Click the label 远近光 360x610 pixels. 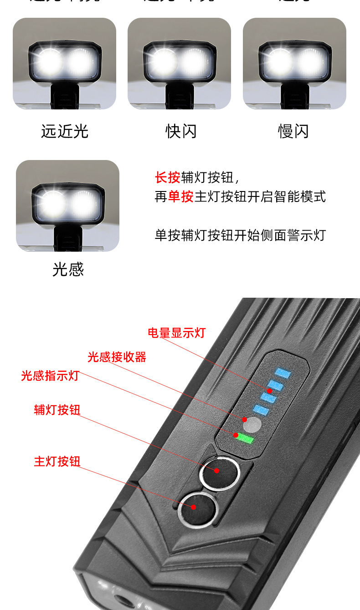[x=64, y=131]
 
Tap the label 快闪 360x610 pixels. [x=180, y=131]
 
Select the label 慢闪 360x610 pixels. [x=293, y=131]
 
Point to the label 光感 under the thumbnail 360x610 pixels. [x=68, y=269]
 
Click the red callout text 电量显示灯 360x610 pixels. [x=176, y=333]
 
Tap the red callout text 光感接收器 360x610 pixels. [x=117, y=357]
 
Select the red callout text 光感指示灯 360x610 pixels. [x=50, y=376]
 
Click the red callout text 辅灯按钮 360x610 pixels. [x=57, y=409]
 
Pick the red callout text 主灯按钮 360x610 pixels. [x=57, y=461]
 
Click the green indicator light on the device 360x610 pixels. [x=245, y=439]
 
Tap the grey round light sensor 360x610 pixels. [x=252, y=425]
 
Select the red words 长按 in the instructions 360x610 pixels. [x=168, y=177]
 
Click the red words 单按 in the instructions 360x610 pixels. [x=181, y=196]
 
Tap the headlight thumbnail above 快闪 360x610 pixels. [x=179, y=63]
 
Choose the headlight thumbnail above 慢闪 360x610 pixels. [x=294, y=63]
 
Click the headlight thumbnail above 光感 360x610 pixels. [x=67, y=206]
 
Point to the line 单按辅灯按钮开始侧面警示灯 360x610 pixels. [x=240, y=235]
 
